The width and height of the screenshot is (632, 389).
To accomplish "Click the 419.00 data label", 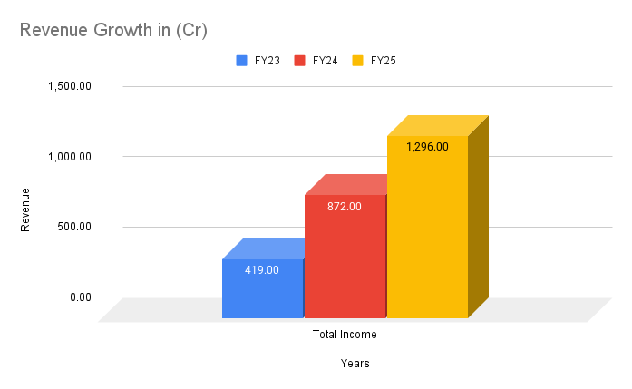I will pyautogui.click(x=262, y=269).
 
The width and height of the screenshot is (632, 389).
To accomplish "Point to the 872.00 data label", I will pyautogui.click(x=345, y=206).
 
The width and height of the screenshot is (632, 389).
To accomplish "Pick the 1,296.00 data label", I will pyautogui.click(x=427, y=146).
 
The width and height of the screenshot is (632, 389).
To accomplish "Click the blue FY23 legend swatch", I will pyautogui.click(x=242, y=61).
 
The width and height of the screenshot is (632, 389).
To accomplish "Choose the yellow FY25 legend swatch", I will pyautogui.click(x=357, y=61).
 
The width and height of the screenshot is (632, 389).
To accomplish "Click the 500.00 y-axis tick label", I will pyautogui.click(x=73, y=227).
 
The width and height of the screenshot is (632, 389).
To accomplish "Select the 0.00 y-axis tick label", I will pyautogui.click(x=80, y=297).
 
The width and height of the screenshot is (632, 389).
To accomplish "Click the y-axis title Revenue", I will pyautogui.click(x=25, y=209).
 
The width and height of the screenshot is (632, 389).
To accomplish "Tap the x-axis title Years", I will pyautogui.click(x=355, y=364).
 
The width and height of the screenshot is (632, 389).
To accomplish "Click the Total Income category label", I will pyautogui.click(x=345, y=335).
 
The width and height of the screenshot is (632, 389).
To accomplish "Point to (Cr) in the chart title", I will pyautogui.click(x=191, y=31).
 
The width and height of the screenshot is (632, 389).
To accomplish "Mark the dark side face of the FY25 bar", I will pyautogui.click(x=478, y=218).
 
